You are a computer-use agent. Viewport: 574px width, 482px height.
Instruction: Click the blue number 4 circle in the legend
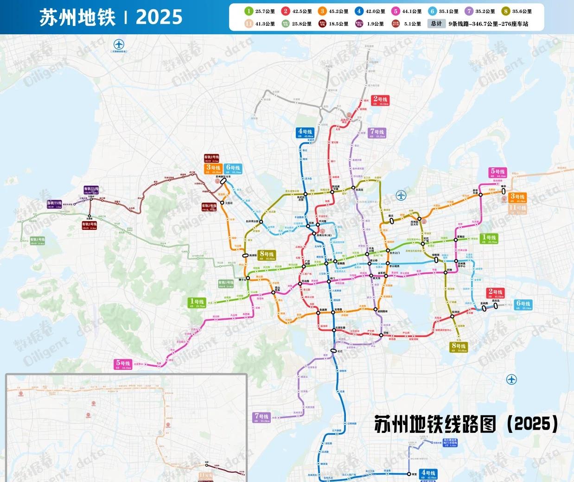point(358,11)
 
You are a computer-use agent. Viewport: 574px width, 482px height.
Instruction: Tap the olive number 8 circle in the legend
point(506,11)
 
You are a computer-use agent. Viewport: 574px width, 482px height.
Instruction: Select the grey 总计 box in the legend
point(436,24)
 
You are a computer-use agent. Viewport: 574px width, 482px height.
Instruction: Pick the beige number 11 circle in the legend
point(249,24)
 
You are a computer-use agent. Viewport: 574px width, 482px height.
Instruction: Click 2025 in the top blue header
point(159,17)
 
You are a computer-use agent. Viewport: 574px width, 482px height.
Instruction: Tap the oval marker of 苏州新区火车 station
point(223,182)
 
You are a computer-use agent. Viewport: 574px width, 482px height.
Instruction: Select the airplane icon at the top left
point(119,45)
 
